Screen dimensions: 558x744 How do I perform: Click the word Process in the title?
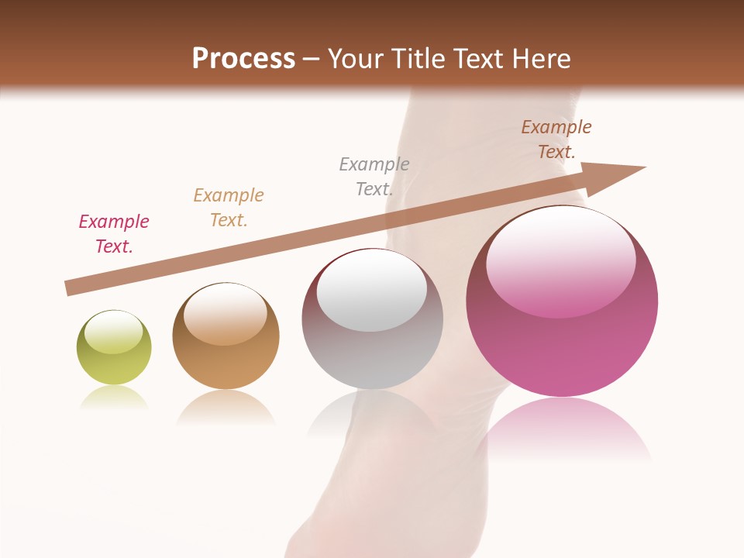coord(243,58)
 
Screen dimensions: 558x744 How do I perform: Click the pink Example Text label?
coord(114,233)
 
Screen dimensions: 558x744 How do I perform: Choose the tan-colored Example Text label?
coord(229,207)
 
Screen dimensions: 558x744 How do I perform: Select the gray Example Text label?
coord(374,176)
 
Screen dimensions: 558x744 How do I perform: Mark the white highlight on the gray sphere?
coord(371,291)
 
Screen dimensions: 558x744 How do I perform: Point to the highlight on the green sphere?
coord(113,332)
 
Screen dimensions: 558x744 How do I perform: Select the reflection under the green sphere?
coord(114,398)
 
